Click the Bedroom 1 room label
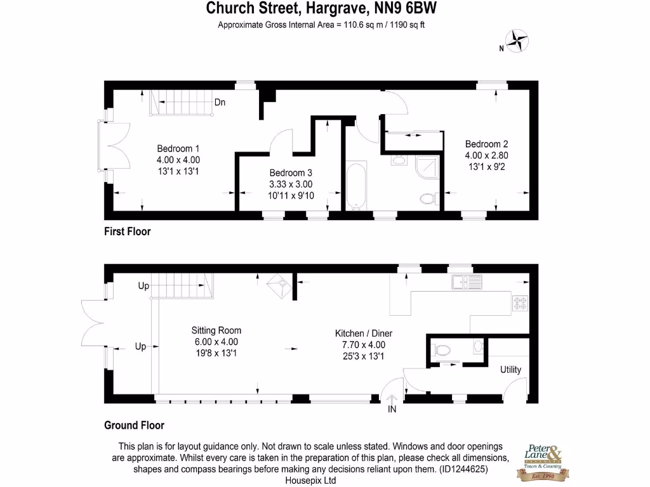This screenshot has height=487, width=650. click(178, 150)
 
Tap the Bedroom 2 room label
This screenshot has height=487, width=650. click(486, 144)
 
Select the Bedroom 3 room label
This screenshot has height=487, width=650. click(290, 173)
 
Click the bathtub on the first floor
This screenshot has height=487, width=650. click(355, 185)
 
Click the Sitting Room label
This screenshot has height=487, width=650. click(216, 330)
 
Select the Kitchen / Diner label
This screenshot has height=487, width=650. click(359, 334)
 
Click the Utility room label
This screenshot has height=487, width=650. click(510, 370)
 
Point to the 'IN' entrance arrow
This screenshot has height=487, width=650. click(392, 401)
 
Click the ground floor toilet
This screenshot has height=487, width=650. click(442, 348)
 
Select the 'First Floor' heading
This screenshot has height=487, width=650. click(128, 232)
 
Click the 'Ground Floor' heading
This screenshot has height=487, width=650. click(134, 425)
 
